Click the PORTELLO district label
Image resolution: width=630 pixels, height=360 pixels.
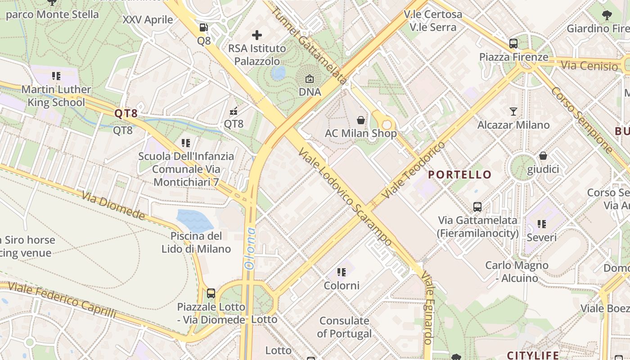pyautogui.click(x=459, y=175)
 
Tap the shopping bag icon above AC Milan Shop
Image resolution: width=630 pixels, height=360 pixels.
pyautogui.click(x=361, y=120)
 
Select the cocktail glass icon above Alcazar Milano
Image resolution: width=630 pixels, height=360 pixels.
pyautogui.click(x=513, y=111)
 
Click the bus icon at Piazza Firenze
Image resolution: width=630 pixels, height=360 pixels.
pyautogui.click(x=513, y=44)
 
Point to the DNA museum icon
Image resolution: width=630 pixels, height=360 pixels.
pyautogui.click(x=310, y=79)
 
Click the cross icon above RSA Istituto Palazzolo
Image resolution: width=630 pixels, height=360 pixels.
pyautogui.click(x=257, y=35)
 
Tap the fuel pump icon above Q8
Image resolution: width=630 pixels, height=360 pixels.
pyautogui.click(x=204, y=27)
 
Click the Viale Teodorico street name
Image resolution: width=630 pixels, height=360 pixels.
pyautogui.click(x=413, y=171)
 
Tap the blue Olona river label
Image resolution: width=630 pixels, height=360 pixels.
pyautogui.click(x=250, y=248)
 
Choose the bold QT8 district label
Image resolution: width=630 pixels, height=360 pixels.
pyautogui.click(x=126, y=113)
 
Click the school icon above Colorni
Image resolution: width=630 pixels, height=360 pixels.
pyautogui.click(x=342, y=272)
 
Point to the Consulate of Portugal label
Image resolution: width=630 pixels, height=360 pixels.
pyautogui.click(x=344, y=327)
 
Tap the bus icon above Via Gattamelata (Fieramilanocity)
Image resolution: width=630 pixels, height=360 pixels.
pyautogui.click(x=477, y=207)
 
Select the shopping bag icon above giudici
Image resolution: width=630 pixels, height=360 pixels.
pyautogui.click(x=543, y=156)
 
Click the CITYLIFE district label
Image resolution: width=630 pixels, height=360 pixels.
pyautogui.click(x=533, y=355)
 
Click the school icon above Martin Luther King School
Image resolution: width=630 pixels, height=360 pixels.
pyautogui.click(x=56, y=76)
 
